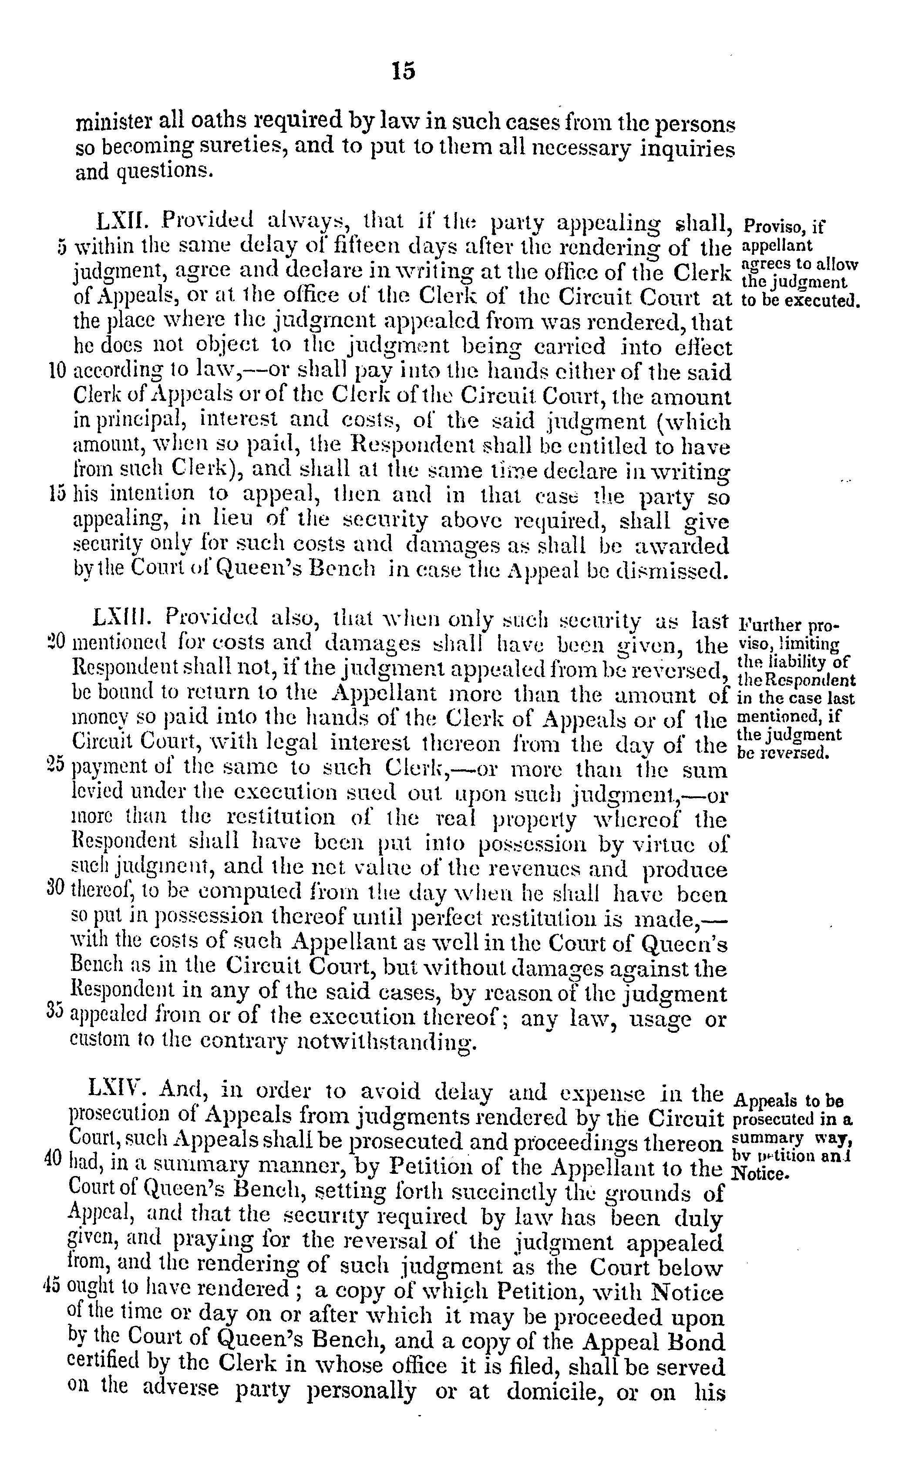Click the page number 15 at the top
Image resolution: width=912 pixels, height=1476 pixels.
point(404,71)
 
